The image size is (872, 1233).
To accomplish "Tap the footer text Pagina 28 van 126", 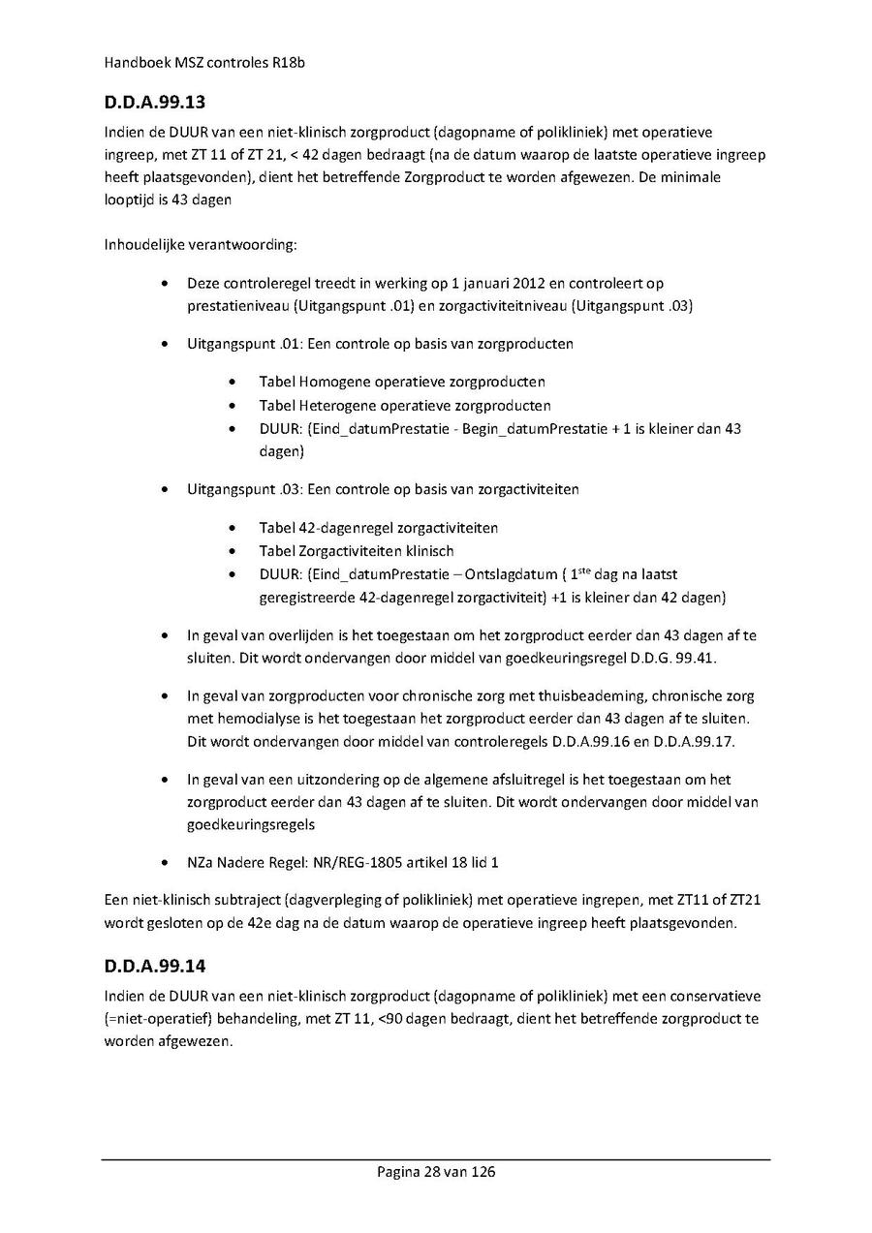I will pos(436,1172).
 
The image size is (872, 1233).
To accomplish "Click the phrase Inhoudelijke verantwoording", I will pos(199,244).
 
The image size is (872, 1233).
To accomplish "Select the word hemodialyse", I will pos(265,719).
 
